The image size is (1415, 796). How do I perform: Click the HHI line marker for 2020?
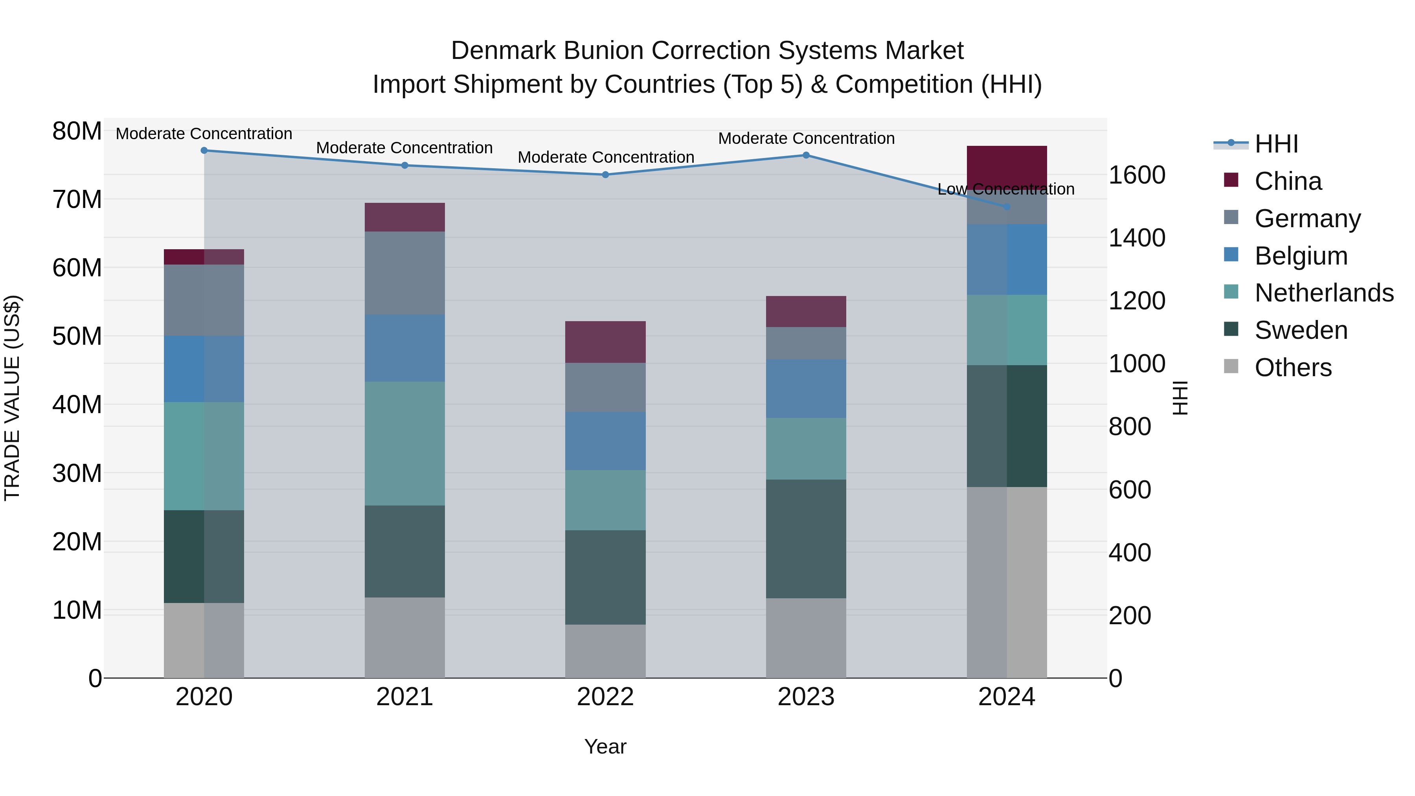(204, 151)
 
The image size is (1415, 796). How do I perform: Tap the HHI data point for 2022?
(605, 175)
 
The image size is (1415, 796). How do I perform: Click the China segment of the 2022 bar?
(605, 342)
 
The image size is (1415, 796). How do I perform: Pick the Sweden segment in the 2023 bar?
(806, 539)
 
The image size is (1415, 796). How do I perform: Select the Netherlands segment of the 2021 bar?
(405, 443)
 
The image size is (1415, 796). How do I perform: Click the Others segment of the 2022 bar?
(605, 651)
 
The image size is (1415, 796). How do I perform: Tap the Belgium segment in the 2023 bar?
(806, 388)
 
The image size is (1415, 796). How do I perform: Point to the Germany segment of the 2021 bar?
(405, 273)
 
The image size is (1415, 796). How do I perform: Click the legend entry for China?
(1288, 181)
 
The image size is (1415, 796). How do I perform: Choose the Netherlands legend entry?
(1324, 293)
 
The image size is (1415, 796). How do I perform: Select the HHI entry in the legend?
(1276, 144)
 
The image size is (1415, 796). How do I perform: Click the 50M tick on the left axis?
(77, 336)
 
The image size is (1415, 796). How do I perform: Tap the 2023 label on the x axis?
(806, 697)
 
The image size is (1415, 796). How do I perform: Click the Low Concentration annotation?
(1006, 189)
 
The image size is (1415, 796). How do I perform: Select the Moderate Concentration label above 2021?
(404, 148)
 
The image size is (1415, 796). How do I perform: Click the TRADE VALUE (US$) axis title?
(13, 398)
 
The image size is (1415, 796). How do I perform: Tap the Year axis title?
(605, 746)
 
